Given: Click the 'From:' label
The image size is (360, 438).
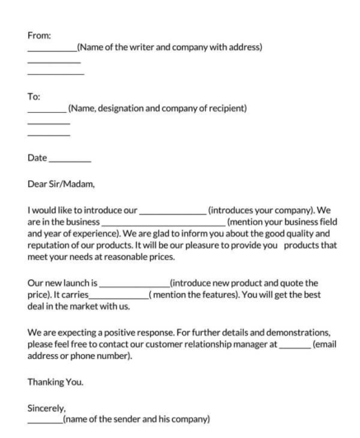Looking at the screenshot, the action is [39, 35].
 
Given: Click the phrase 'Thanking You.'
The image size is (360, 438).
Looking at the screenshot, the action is [57, 383].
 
